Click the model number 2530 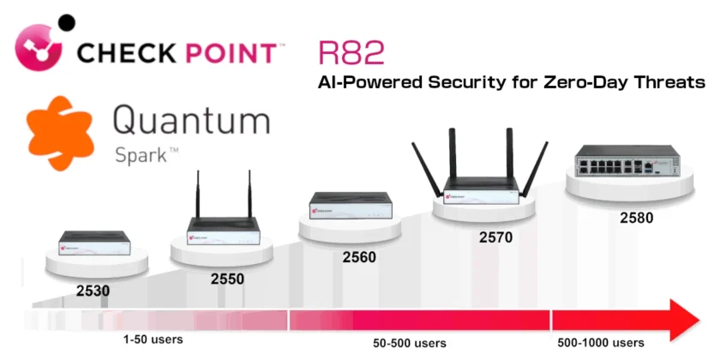pos(92,291)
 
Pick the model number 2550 pos(227,278)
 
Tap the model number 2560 pos(359,255)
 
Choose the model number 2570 pos(495,237)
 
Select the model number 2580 pos(636,218)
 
